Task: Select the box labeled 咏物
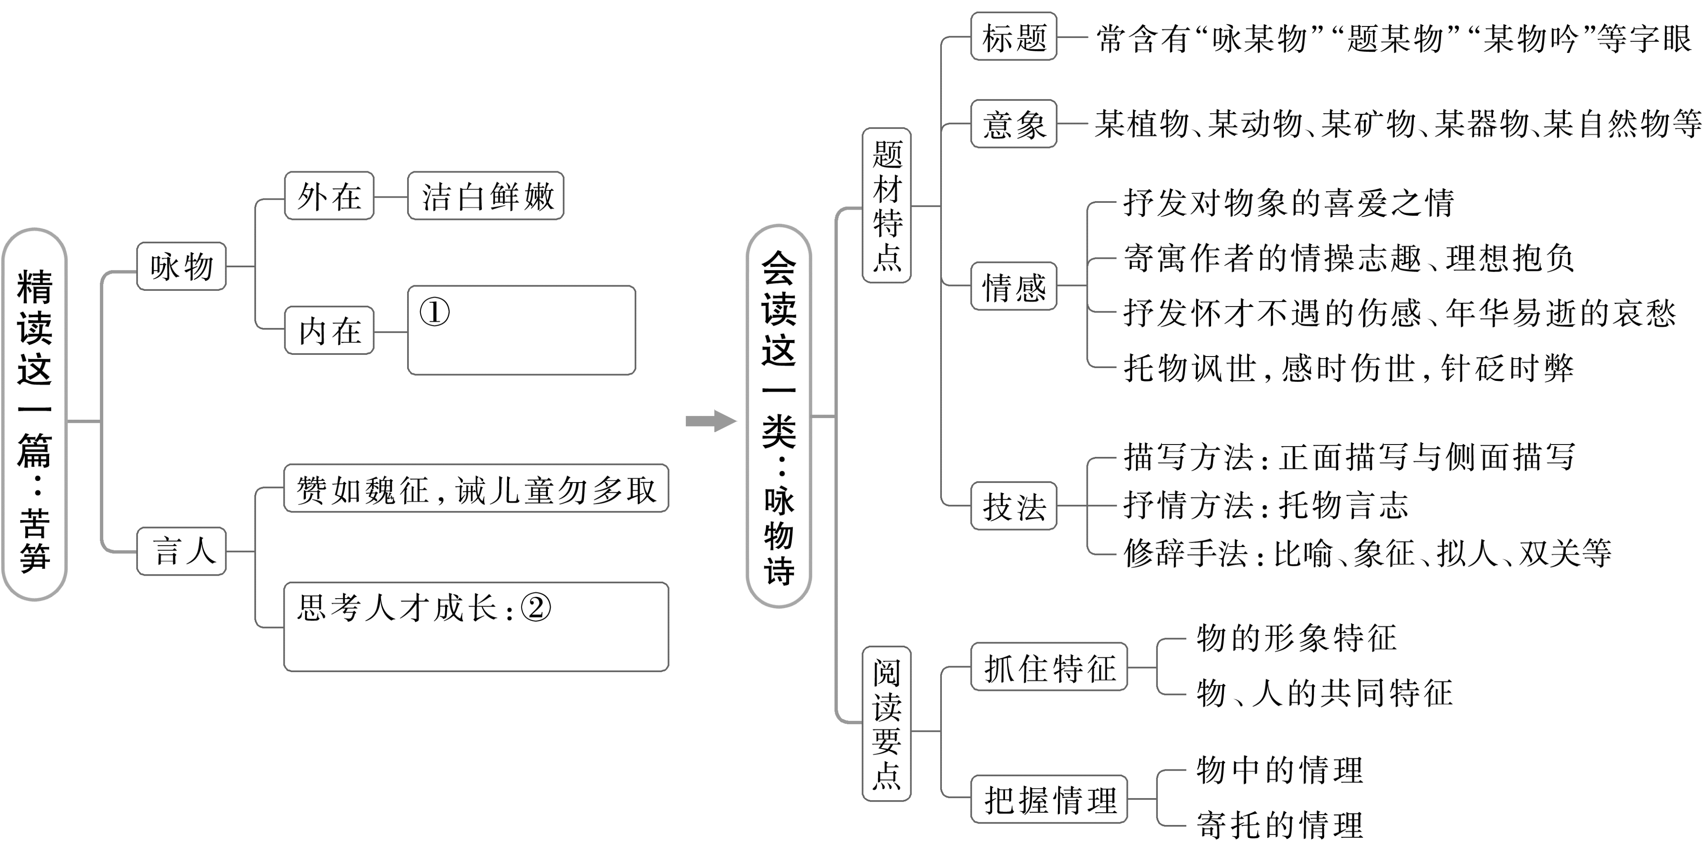click(181, 266)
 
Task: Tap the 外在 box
click(329, 196)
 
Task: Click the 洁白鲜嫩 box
click(486, 196)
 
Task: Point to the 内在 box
click(329, 330)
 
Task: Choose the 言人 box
click(181, 551)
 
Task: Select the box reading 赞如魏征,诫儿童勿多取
click(476, 489)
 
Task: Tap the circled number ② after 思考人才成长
click(536, 607)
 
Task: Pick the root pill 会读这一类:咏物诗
click(779, 416)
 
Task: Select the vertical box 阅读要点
click(887, 724)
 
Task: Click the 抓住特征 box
click(1049, 667)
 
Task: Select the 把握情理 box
click(1049, 799)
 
